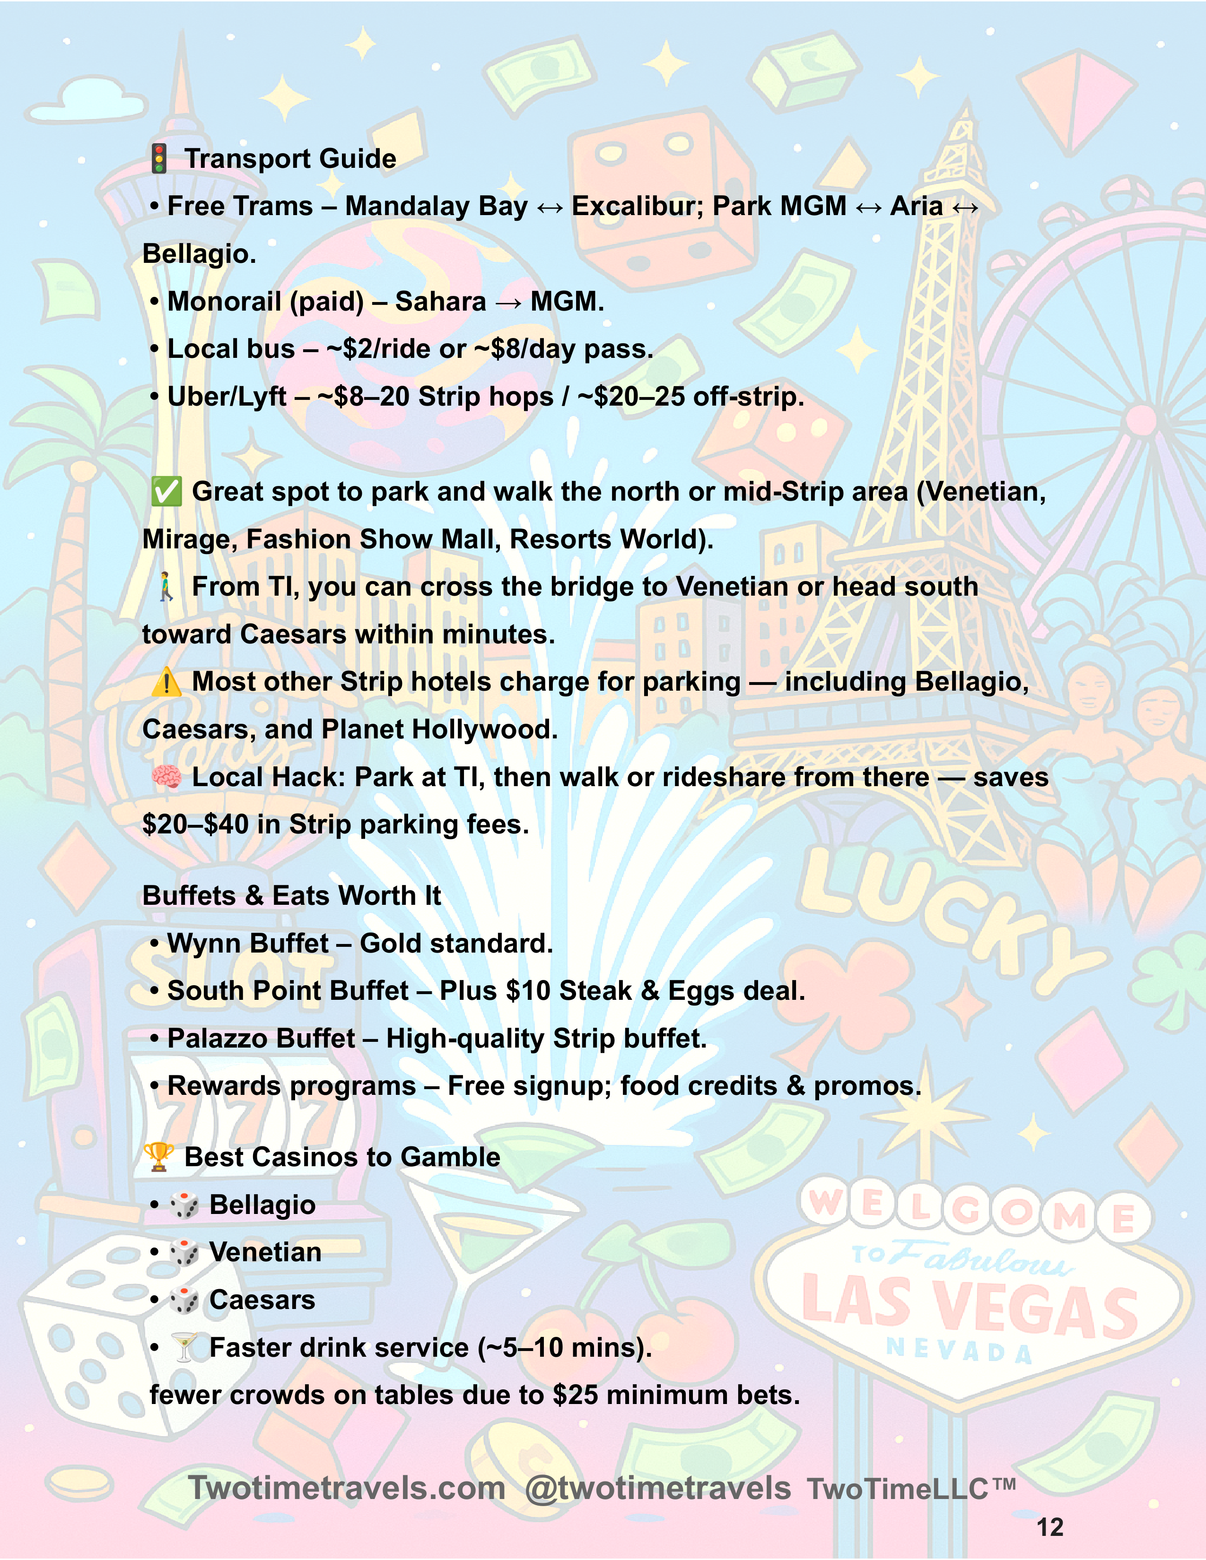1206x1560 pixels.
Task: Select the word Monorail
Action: pyautogui.click(x=224, y=302)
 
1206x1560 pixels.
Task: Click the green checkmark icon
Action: pyautogui.click(x=166, y=492)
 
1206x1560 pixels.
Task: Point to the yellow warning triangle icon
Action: pyautogui.click(x=166, y=682)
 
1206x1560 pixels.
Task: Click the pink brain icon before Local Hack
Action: pyautogui.click(x=166, y=777)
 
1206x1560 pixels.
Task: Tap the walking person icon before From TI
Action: pyautogui.click(x=166, y=587)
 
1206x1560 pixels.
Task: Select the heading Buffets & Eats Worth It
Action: pyautogui.click(x=291, y=896)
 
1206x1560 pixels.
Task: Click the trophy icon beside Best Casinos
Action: pyautogui.click(x=158, y=1157)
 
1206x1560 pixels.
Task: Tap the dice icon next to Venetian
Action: pyautogui.click(x=184, y=1253)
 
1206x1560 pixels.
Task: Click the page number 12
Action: pyautogui.click(x=1049, y=1527)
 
